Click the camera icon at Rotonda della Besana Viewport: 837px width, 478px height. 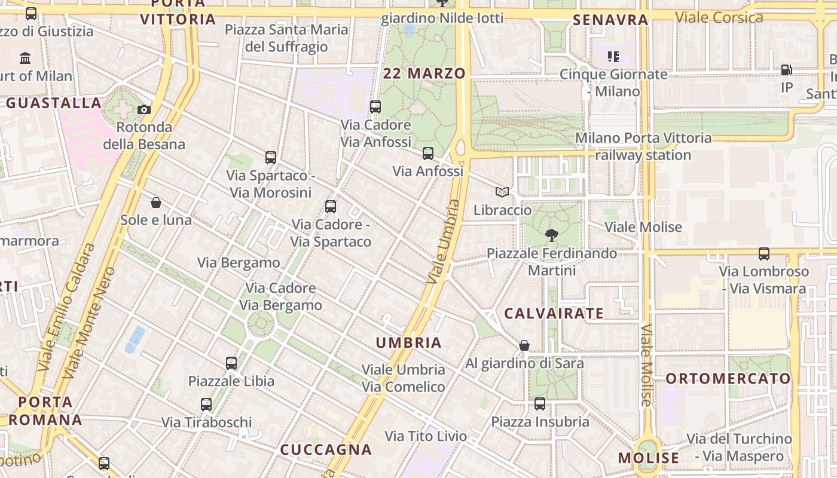(x=144, y=109)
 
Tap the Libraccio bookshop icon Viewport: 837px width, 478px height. (x=502, y=192)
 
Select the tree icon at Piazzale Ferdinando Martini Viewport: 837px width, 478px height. (x=552, y=235)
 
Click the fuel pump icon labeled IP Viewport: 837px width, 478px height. (x=787, y=70)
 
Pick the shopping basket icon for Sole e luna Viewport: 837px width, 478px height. (x=156, y=203)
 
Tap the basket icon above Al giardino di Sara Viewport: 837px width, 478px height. (x=524, y=345)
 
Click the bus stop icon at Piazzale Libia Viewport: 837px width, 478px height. (x=231, y=363)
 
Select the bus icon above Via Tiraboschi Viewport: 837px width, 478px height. (x=206, y=405)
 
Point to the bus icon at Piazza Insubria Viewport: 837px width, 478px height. (x=540, y=404)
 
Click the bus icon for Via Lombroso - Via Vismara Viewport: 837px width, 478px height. (x=764, y=253)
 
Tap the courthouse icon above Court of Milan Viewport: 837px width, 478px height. (x=25, y=58)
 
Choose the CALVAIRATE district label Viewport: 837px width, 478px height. (x=554, y=313)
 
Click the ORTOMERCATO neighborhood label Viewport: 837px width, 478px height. (x=728, y=378)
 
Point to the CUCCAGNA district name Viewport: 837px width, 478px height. (x=326, y=449)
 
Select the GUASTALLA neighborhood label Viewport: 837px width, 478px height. (x=54, y=103)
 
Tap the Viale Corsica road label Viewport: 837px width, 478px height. (x=719, y=17)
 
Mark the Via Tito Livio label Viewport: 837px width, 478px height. (x=426, y=436)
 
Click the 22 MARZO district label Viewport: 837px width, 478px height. (x=424, y=73)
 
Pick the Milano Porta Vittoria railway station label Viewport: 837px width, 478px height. (x=643, y=146)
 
